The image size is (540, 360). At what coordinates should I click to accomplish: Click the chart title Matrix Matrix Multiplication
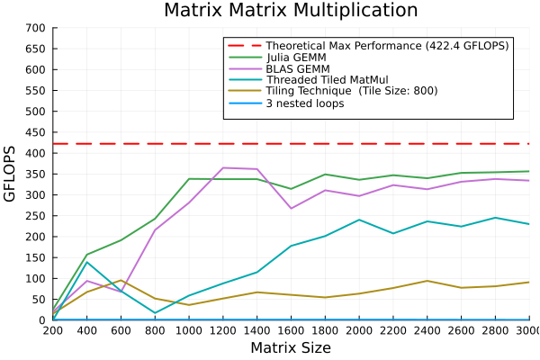pos(290,11)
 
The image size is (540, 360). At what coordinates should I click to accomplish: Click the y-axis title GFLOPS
pos(11,174)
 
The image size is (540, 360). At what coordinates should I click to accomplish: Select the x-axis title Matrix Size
pos(290,347)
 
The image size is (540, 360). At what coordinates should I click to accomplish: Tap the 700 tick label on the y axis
pos(36,28)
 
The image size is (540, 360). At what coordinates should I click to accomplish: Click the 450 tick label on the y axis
pos(36,132)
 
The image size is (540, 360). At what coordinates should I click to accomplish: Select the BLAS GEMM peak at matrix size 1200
pos(222,167)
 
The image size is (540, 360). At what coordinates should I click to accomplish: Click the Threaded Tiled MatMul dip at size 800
pos(155,313)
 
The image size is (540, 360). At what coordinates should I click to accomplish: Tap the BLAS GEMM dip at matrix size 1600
pos(291,209)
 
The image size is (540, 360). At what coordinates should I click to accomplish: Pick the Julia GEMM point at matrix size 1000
pos(189,179)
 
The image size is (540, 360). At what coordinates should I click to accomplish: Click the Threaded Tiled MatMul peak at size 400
pos(86,262)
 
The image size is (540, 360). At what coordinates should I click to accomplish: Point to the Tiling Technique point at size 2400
pos(427,281)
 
